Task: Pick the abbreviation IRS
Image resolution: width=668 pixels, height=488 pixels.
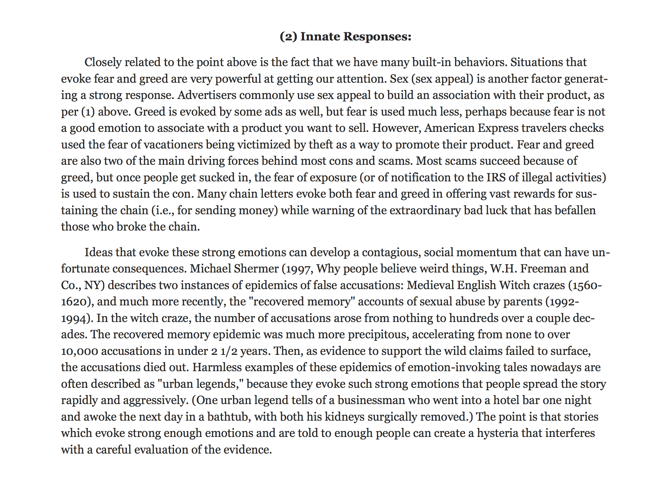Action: pyautogui.click(x=496, y=177)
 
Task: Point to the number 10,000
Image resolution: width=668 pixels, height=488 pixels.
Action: pyautogui.click(x=80, y=351)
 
